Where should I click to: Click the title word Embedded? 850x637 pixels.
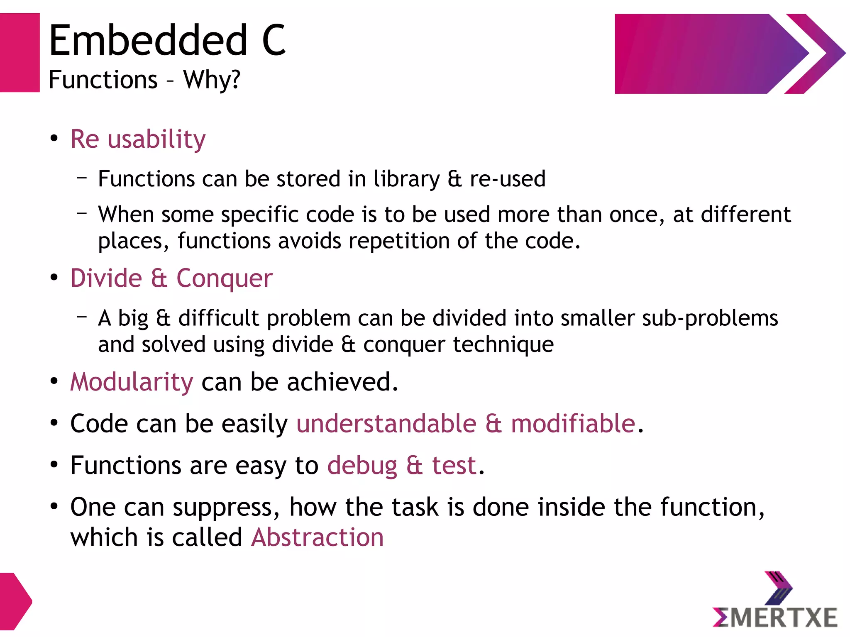coord(148,40)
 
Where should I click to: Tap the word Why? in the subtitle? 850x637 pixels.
coord(212,80)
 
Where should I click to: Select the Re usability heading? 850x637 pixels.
coord(138,139)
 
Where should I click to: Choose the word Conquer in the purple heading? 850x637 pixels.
coord(225,278)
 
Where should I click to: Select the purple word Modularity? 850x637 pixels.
coord(132,382)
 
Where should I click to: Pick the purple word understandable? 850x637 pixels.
coord(386,424)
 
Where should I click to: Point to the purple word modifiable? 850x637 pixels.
coord(573,424)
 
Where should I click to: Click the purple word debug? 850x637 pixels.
coord(362,466)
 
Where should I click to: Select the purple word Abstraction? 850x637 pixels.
coord(318,538)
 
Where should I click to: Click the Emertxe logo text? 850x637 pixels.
coord(775,618)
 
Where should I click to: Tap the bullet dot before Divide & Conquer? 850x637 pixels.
coord(54,278)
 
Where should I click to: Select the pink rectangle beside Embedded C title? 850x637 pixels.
coord(20,53)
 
